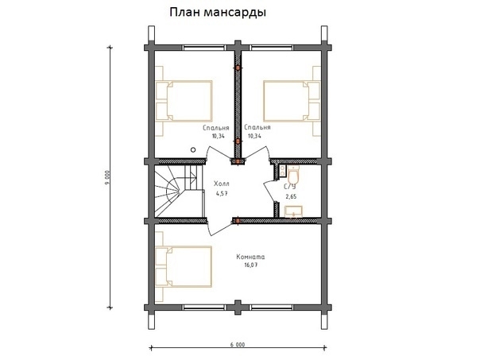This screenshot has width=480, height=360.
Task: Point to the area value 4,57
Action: pos(222,192)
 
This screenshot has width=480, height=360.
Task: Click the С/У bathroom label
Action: pos(290,186)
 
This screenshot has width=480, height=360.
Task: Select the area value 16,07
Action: pos(250,265)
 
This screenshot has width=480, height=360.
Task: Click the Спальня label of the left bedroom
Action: pos(216,127)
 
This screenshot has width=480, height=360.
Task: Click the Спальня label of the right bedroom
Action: pos(257,127)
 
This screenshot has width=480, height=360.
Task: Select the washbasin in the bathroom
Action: pos(293,210)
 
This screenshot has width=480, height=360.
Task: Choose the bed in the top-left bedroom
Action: pos(184,99)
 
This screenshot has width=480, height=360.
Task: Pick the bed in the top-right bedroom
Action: pos(291,99)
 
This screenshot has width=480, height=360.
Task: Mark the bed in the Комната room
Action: pos(184,265)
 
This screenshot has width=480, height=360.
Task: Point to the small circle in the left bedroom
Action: pos(192,149)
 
